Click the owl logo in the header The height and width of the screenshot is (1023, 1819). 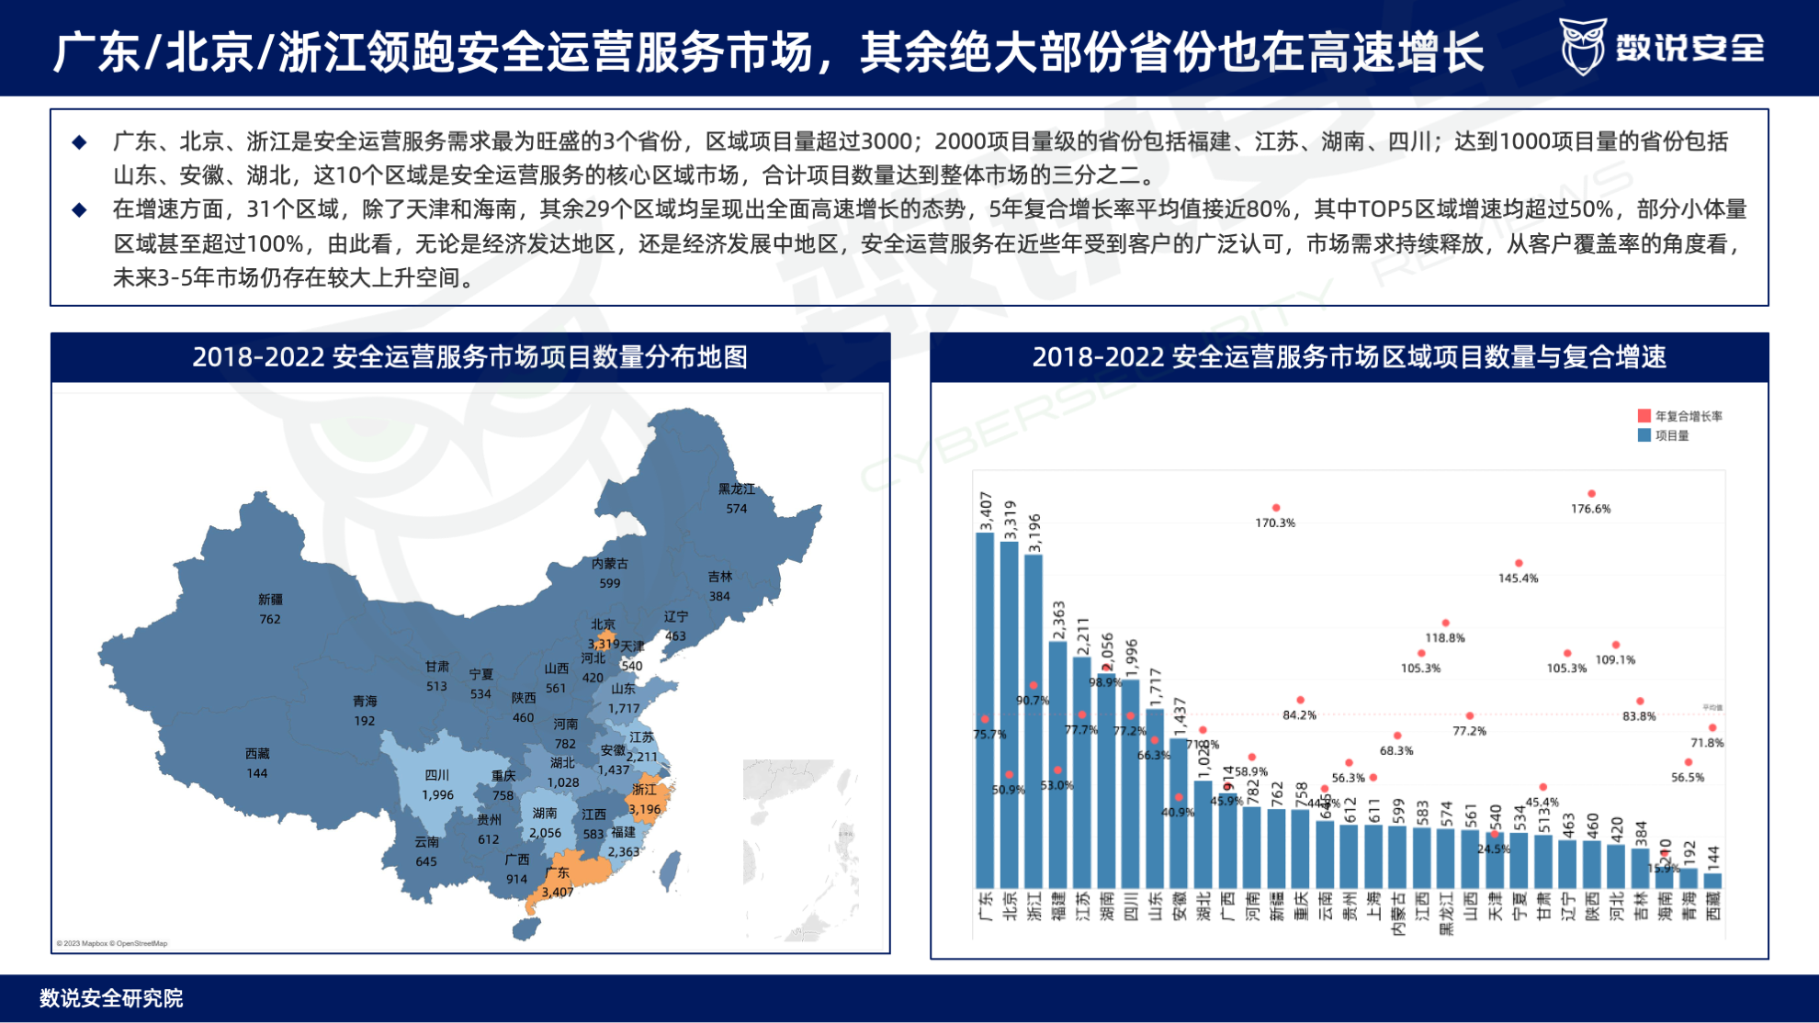pos(1582,46)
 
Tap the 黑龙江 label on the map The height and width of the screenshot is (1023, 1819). pos(736,489)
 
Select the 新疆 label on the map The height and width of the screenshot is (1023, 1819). pos(270,599)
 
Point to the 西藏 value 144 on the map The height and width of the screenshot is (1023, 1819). pos(257,773)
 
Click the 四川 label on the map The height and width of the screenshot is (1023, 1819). pos(437,775)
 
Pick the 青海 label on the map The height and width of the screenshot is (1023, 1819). pos(365,701)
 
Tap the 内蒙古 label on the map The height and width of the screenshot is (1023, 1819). pos(610,564)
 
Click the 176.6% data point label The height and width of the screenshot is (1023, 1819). pos(1590,509)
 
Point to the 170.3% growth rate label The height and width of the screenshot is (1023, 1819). pos(1275,523)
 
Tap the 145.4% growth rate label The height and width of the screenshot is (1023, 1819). pos(1518,579)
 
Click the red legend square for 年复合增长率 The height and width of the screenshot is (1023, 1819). pos(1644,416)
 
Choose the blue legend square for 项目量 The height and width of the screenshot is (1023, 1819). pos(1644,435)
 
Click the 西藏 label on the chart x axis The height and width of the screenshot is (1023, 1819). pos(1713,906)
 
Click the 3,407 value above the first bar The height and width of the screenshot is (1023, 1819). pos(986,511)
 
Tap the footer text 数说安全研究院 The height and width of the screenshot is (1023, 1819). pos(111,998)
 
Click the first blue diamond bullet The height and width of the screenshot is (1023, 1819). pos(80,142)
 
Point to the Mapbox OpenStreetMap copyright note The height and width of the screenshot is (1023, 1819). pos(112,943)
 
